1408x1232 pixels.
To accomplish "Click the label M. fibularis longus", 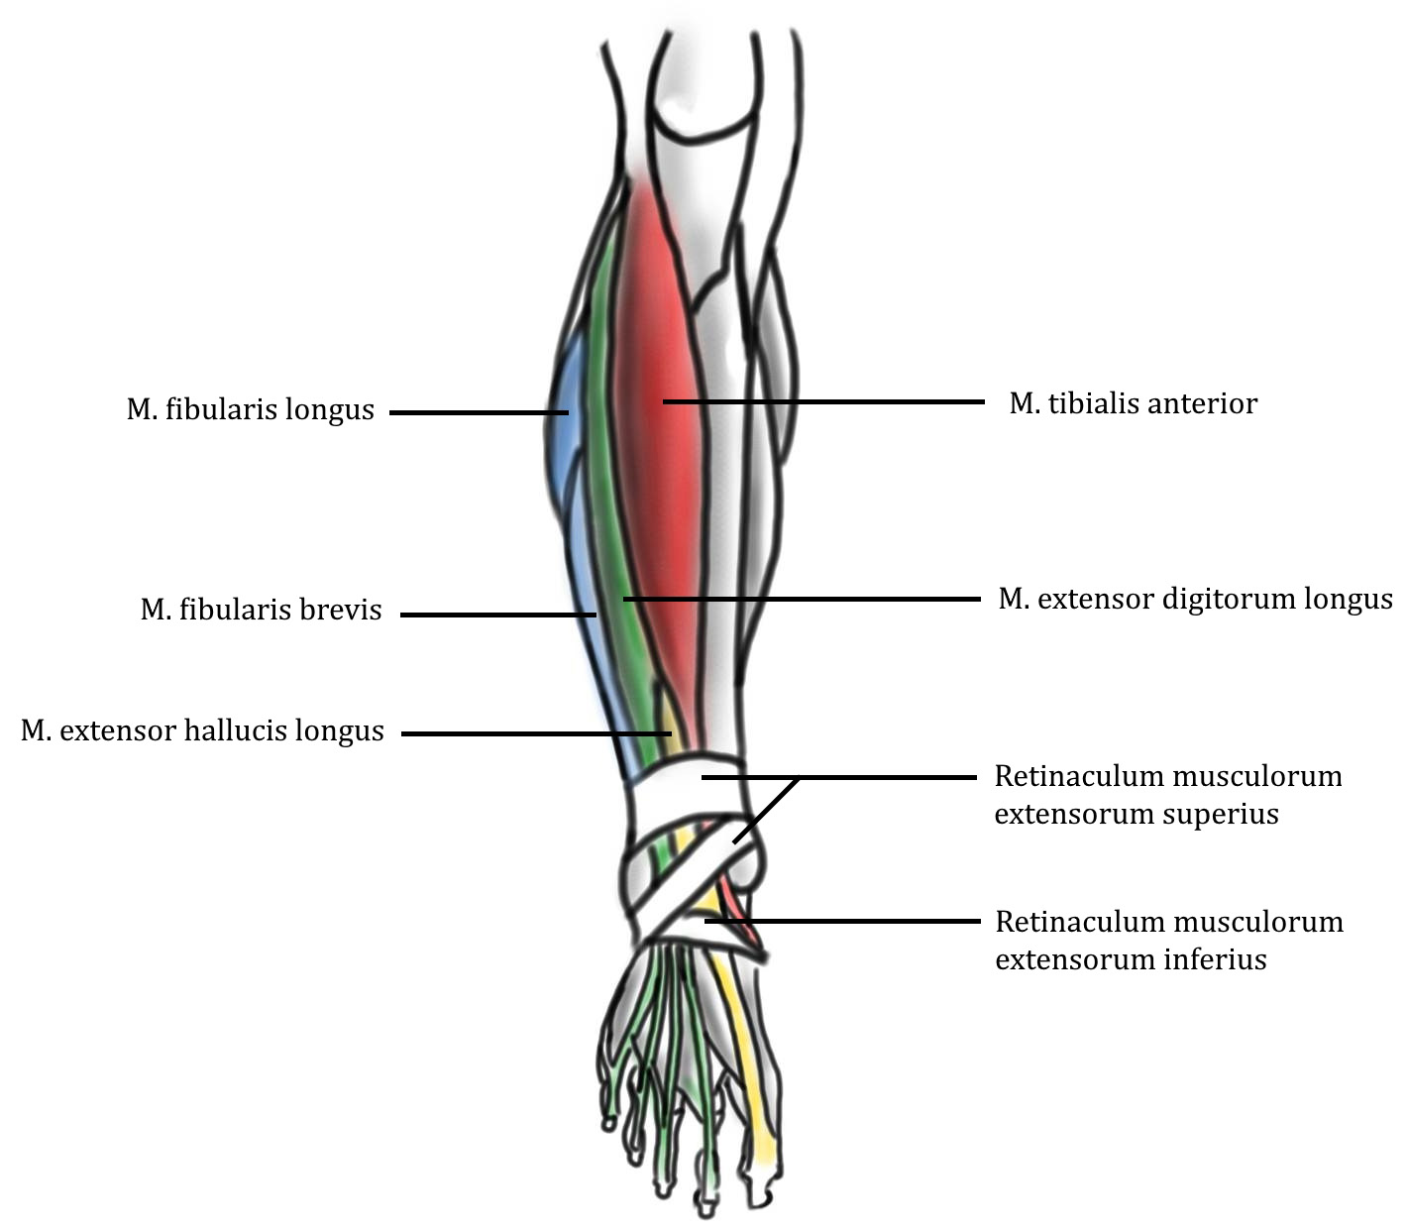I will pyautogui.click(x=250, y=409).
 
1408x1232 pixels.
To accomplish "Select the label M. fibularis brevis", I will pyautogui.click(x=261, y=610).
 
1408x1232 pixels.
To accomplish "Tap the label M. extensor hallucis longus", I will pyautogui.click(x=202, y=731).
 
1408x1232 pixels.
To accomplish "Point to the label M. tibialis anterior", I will pyautogui.click(x=1133, y=403).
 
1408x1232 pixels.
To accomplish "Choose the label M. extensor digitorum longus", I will pyautogui.click(x=1195, y=599).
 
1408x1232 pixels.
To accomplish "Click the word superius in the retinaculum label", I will pyautogui.click(x=1219, y=815).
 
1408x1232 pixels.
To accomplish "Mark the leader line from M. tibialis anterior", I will pyautogui.click(x=822, y=401).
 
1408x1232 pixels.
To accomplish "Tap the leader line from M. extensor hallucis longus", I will pyautogui.click(x=535, y=733).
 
